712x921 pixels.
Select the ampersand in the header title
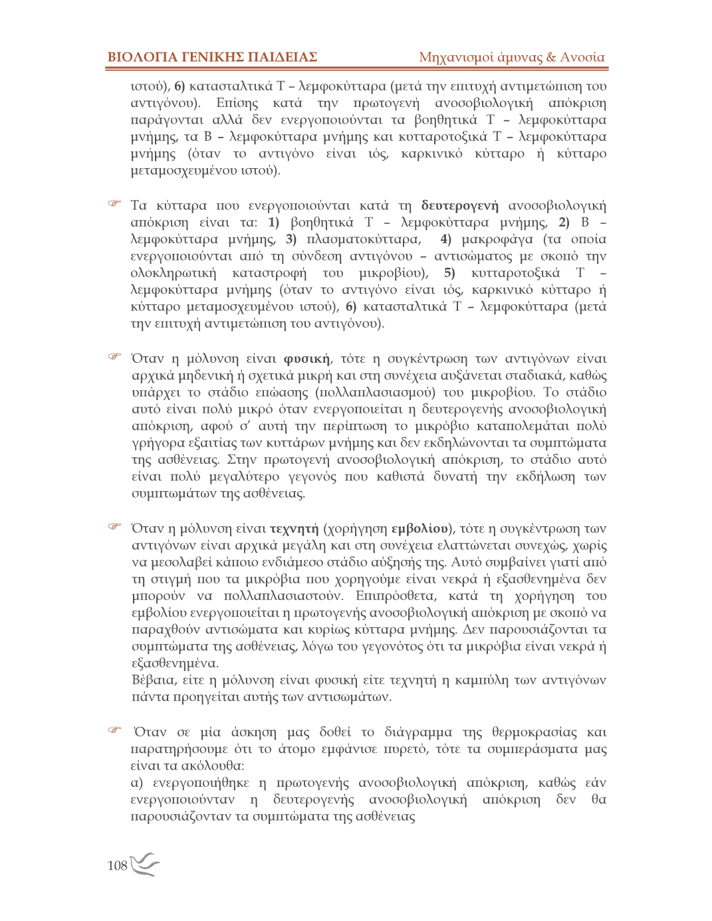click(x=550, y=57)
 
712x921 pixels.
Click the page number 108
click(x=117, y=865)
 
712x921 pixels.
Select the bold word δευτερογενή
click(x=459, y=205)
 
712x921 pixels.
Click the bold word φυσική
click(x=306, y=359)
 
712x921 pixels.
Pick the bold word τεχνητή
click(x=295, y=529)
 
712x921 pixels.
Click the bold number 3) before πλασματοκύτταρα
click(x=291, y=239)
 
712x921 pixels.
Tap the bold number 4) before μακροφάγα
click(x=445, y=239)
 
